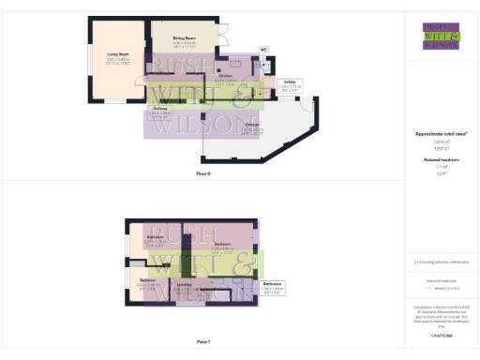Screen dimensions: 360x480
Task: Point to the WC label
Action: tap(263, 49)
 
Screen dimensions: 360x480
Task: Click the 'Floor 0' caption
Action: tap(203, 173)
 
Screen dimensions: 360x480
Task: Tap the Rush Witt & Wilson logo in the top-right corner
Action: tap(441, 35)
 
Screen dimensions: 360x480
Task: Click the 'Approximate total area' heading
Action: tap(441, 134)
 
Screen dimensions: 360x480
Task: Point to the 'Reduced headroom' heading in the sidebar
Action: tap(441, 160)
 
